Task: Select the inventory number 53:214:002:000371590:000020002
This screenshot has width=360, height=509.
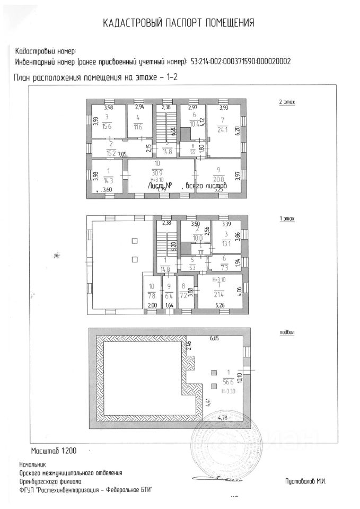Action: (240, 62)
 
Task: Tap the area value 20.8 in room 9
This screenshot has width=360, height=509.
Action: (216, 177)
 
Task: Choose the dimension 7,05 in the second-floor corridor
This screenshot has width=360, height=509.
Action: (122, 154)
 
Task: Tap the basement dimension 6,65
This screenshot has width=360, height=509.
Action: (214, 338)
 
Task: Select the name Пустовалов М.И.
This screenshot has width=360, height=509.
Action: (304, 480)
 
